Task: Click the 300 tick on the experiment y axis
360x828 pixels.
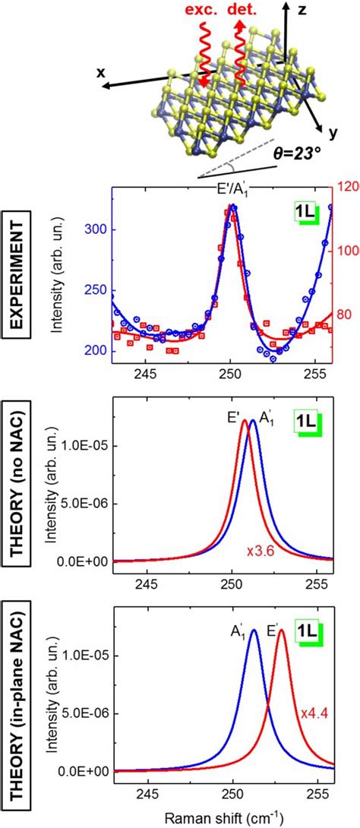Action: pyautogui.click(x=96, y=229)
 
